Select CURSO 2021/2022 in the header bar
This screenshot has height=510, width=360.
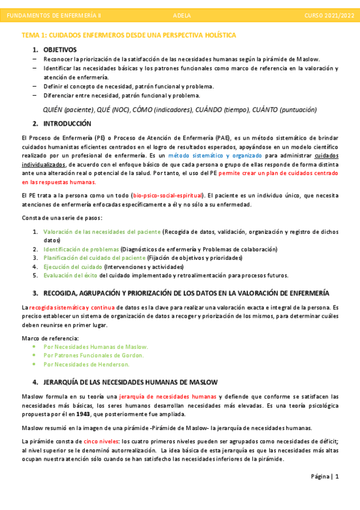point(329,14)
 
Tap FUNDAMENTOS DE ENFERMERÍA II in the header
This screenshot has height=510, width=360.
point(58,14)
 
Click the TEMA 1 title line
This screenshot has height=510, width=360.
point(129,35)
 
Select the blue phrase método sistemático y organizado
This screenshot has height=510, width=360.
point(215,156)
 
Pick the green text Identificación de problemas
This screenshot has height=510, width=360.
point(81,249)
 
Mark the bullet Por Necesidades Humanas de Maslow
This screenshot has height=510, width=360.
point(96,347)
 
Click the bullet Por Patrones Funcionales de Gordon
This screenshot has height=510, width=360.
point(95,355)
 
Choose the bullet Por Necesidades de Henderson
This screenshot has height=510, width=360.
point(87,364)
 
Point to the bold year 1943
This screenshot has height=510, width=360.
point(84,414)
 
